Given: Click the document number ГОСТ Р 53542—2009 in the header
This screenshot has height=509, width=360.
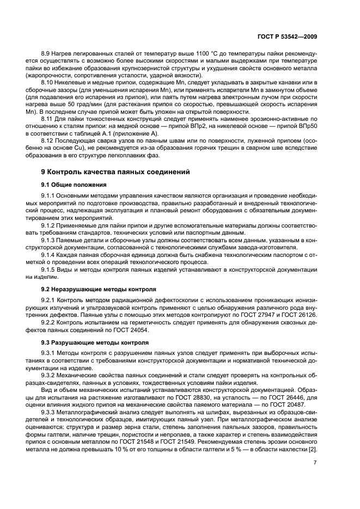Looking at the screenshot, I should [289, 36].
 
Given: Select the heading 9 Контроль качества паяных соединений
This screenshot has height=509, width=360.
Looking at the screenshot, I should [115, 172].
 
